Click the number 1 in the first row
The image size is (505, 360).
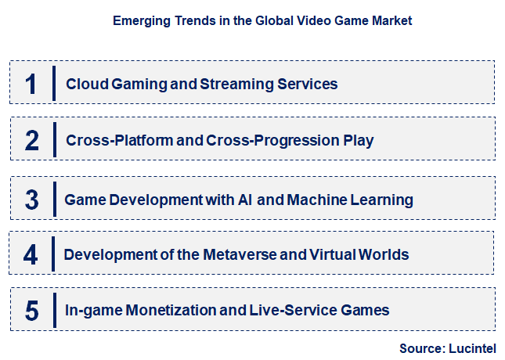(x=31, y=83)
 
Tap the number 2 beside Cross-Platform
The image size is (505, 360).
(x=31, y=141)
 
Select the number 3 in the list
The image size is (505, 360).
(x=31, y=199)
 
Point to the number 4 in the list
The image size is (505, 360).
(x=31, y=254)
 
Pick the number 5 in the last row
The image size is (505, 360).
(x=31, y=311)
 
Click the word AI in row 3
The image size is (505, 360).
(x=243, y=200)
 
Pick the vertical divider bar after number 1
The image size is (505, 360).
(x=54, y=83)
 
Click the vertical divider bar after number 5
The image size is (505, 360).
(x=54, y=311)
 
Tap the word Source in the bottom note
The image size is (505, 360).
(x=420, y=347)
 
